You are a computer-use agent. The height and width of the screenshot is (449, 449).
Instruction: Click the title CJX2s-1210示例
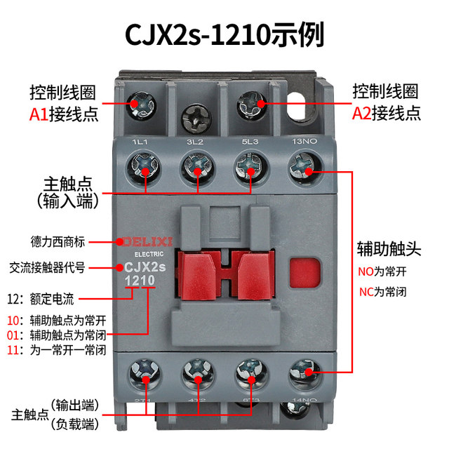(x=224, y=33)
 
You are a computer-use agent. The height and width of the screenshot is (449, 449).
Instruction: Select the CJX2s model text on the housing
(x=144, y=266)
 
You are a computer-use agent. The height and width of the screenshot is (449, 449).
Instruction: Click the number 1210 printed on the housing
(x=140, y=281)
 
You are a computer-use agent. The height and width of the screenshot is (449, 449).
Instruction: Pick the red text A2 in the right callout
(x=361, y=113)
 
